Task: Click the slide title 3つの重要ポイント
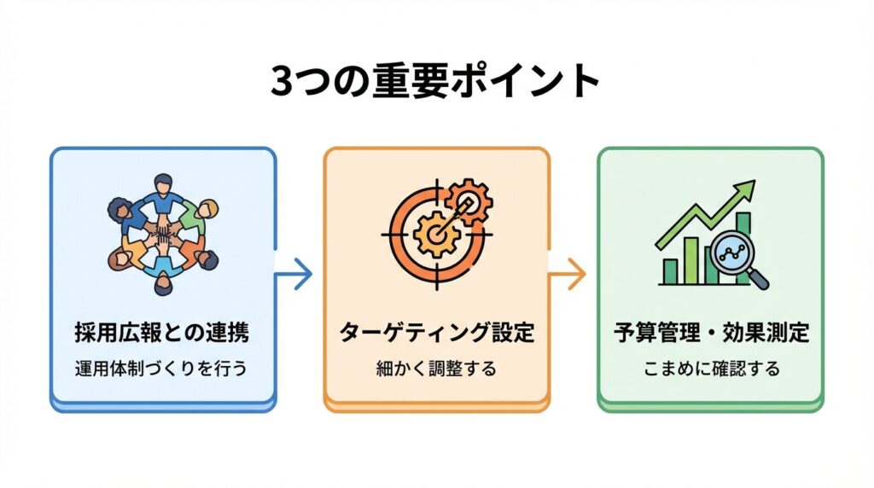click(436, 81)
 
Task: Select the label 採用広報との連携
click(162, 331)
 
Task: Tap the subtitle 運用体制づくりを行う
click(162, 369)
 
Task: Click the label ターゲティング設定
click(436, 331)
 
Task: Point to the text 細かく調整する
click(436, 369)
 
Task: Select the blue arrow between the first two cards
click(296, 274)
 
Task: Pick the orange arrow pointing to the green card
click(569, 274)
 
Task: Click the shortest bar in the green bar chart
click(671, 271)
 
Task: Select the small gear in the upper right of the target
click(469, 200)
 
